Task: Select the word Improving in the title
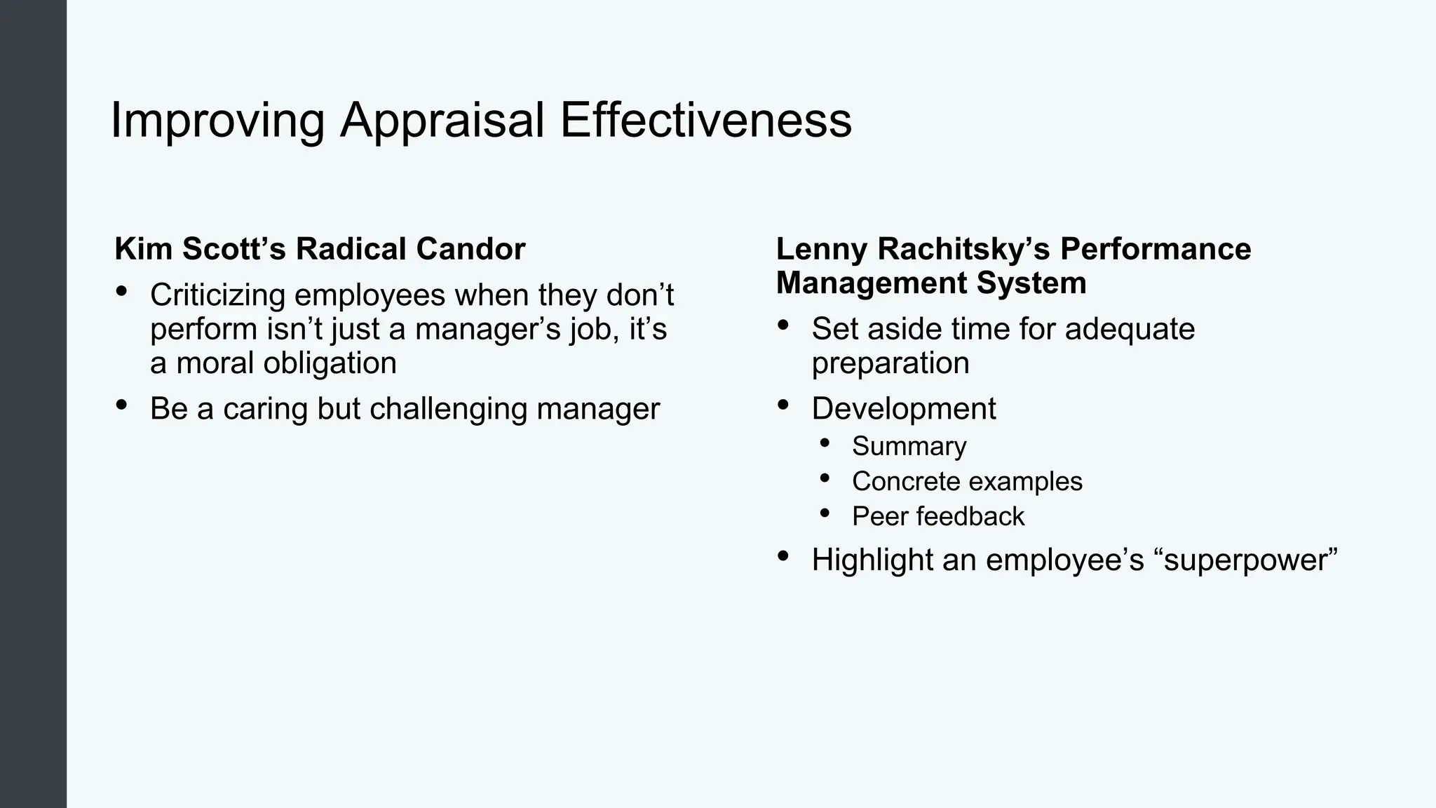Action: [217, 121]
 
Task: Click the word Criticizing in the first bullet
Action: [217, 295]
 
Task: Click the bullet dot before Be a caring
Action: [121, 405]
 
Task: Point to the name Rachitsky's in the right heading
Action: [962, 249]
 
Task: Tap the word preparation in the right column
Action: [890, 363]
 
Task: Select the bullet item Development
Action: [903, 409]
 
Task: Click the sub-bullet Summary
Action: [909, 446]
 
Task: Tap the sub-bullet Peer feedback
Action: [937, 516]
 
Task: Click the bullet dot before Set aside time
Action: [783, 325]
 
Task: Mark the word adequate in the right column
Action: [1129, 329]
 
